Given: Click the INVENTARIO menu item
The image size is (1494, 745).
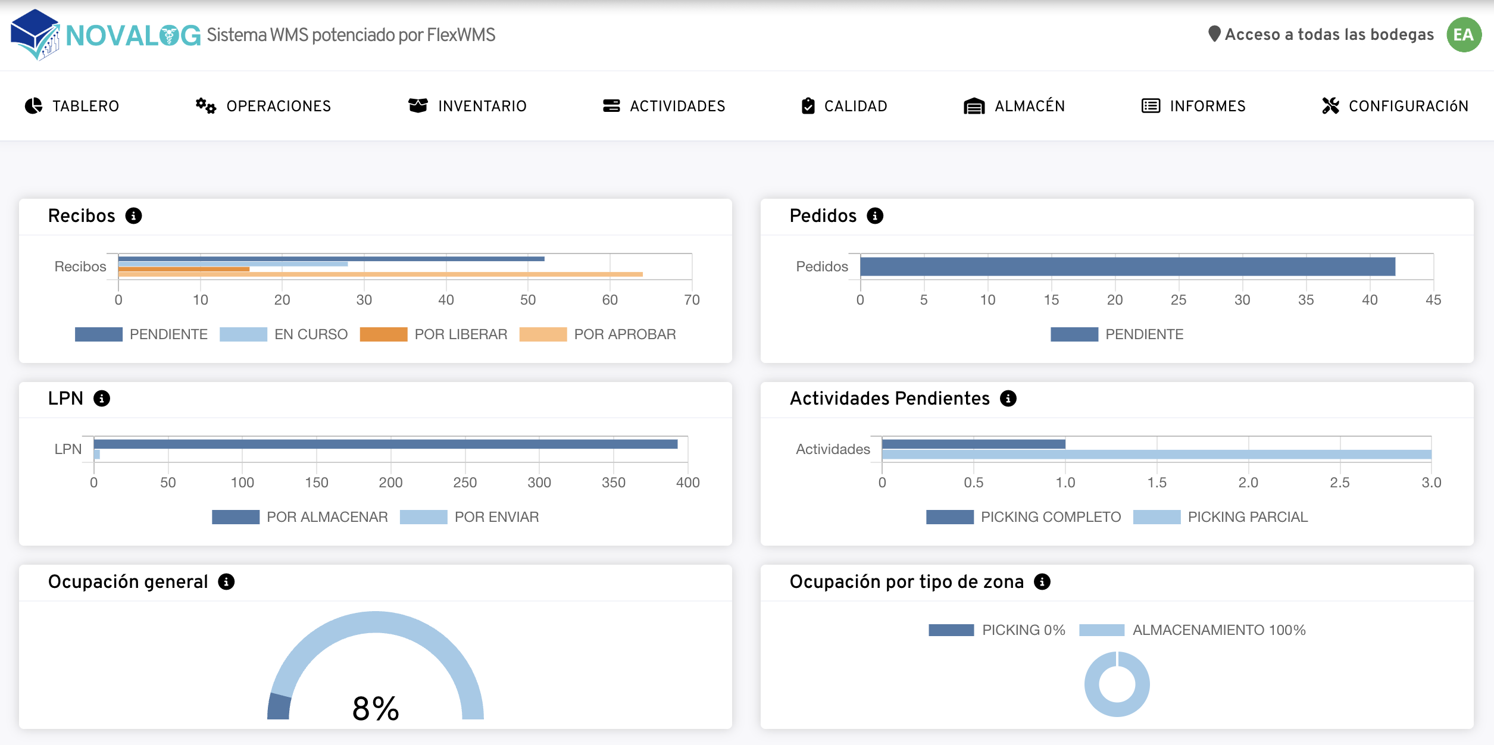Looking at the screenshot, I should click(x=468, y=106).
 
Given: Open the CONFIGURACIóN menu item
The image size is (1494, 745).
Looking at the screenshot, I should click(x=1395, y=106).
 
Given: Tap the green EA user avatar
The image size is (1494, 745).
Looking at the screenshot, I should click(x=1464, y=35).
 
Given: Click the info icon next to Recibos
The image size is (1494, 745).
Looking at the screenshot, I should click(x=133, y=216).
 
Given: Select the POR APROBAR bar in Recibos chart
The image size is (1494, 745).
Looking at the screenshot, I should click(x=380, y=274).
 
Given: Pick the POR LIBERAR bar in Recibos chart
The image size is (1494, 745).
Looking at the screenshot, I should click(x=184, y=269).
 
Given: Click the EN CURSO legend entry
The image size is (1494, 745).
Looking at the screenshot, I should click(x=283, y=334).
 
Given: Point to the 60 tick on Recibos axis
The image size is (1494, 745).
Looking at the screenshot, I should click(x=610, y=300).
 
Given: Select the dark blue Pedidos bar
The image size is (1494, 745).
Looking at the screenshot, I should click(x=1127, y=267).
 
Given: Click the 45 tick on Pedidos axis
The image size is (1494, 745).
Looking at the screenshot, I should click(x=1433, y=300).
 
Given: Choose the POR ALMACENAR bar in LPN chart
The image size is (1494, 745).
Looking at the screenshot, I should click(x=385, y=444).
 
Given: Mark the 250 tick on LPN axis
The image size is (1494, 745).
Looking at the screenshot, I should click(x=465, y=483).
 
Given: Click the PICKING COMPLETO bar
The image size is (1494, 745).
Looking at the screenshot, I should click(x=973, y=444).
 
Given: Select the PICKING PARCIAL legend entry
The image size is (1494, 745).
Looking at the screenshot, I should click(x=1220, y=517).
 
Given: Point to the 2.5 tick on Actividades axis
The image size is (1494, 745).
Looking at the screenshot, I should click(x=1339, y=483).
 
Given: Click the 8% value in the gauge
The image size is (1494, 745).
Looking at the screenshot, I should click(x=376, y=709).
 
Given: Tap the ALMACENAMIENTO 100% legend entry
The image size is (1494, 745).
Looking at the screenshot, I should click(x=1192, y=630).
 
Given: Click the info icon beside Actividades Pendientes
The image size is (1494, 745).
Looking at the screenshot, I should click(x=1008, y=399).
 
